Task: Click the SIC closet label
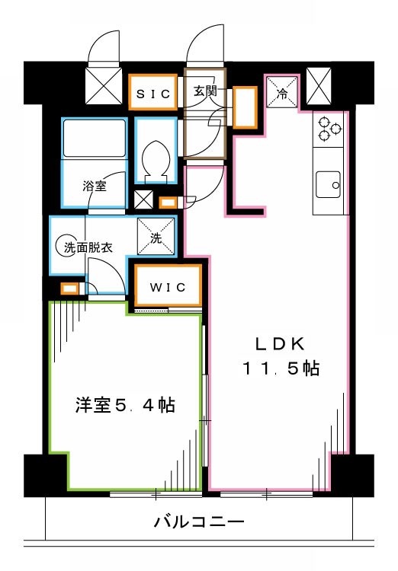154,93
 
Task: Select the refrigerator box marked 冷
281,94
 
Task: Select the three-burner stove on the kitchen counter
329,127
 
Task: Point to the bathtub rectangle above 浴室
94,139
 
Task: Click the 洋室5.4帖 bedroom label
125,405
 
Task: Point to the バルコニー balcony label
198,522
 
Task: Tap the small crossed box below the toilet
143,201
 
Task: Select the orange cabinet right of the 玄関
244,107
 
